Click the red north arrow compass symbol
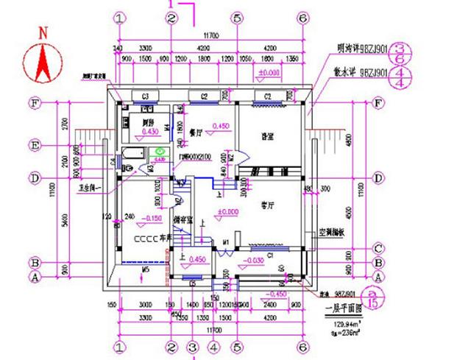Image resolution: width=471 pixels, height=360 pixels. [x=43, y=63]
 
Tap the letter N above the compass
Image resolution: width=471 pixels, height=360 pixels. [x=43, y=32]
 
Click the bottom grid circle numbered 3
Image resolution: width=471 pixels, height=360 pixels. [x=192, y=346]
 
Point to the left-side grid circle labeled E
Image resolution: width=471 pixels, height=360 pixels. [x=34, y=145]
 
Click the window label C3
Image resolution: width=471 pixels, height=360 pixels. [x=146, y=96]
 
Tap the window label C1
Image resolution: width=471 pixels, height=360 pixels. [x=269, y=255]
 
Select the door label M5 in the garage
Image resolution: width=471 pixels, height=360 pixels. [x=146, y=270]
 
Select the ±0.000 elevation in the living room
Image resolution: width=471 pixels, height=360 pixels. [x=230, y=213]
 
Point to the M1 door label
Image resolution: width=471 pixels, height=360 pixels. [x=226, y=241]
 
